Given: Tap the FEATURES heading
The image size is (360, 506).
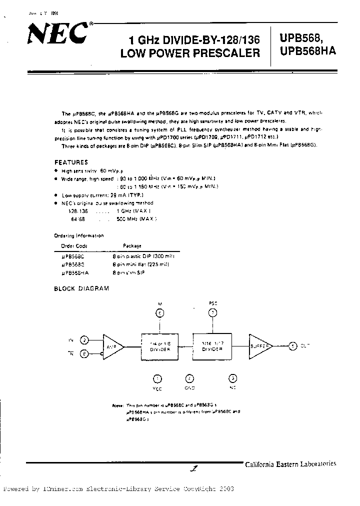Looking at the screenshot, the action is point(71,162).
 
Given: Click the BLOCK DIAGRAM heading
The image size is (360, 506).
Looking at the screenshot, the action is point(81,288).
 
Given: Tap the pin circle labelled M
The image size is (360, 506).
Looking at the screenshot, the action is point(160,313).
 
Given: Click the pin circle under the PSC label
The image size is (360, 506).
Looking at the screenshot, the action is point(212,313).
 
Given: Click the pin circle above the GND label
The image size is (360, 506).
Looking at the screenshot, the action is point(189,378).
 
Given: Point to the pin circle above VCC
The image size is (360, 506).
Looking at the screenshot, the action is point(157,378).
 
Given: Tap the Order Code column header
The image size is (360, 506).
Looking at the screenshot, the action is point(74,246).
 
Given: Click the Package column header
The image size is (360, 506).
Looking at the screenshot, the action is point(132,246).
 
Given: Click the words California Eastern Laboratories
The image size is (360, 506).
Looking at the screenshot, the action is point(290,464).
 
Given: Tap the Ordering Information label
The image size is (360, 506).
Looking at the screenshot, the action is point(79,235).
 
